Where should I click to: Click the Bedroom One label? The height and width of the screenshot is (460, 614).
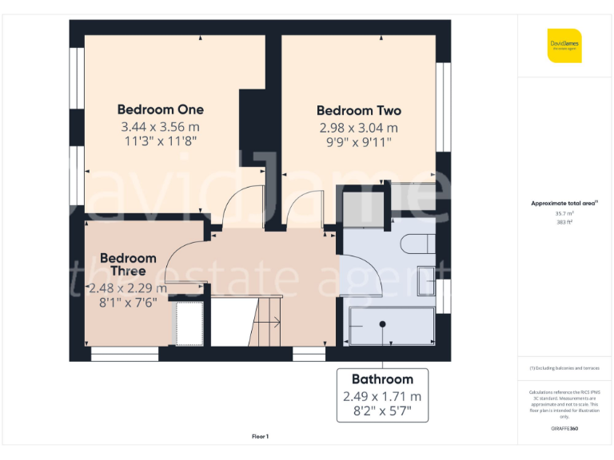click(x=160, y=109)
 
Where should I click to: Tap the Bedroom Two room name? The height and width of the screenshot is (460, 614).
click(x=358, y=111)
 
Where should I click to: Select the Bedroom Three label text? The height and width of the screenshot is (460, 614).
click(x=128, y=264)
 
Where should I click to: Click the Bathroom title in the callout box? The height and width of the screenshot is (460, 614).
click(x=382, y=379)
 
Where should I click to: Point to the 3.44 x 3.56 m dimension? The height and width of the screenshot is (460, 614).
click(x=160, y=127)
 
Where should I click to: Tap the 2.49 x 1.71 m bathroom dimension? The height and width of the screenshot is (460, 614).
click(x=382, y=396)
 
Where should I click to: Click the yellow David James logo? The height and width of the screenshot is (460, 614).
click(x=564, y=46)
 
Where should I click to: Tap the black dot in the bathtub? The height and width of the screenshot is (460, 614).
click(x=383, y=324)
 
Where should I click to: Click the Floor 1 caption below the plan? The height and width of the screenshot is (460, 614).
click(x=260, y=436)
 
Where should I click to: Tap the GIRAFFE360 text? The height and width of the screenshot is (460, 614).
click(x=564, y=429)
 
